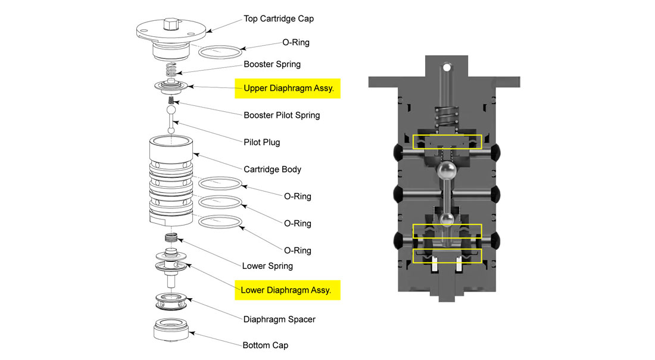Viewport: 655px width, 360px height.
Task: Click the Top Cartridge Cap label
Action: (x=278, y=18)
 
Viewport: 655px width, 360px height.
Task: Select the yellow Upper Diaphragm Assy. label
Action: (x=288, y=88)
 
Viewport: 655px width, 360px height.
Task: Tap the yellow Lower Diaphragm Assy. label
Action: (x=287, y=290)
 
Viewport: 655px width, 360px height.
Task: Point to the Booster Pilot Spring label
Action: (x=281, y=115)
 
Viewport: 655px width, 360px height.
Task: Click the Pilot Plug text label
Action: (x=261, y=142)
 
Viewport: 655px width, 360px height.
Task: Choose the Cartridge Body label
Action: (x=272, y=169)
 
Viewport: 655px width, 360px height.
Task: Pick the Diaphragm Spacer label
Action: (x=279, y=319)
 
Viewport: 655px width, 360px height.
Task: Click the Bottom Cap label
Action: (x=265, y=345)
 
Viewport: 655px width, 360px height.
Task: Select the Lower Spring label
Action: (x=267, y=265)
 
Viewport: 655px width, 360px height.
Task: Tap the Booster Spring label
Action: (x=272, y=64)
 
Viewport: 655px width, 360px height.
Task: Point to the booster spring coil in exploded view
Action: (x=171, y=70)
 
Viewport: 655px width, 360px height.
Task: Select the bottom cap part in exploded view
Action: (x=171, y=330)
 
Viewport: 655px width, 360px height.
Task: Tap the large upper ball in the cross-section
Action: (x=447, y=172)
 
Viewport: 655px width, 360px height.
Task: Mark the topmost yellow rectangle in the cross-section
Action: (x=447, y=142)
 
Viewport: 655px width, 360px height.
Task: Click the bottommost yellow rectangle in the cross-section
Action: (x=447, y=256)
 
